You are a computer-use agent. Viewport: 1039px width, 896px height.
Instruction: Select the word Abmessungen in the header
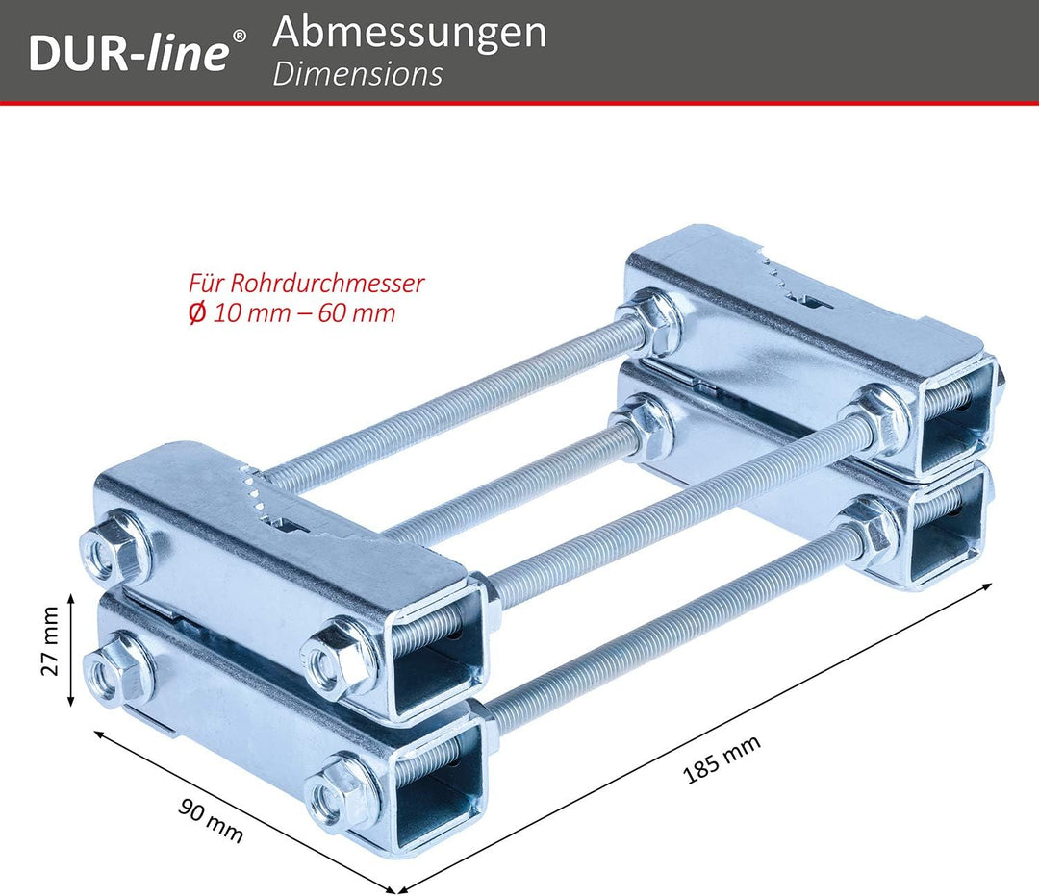click(x=410, y=33)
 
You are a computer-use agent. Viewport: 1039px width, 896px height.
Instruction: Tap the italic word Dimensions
click(x=357, y=75)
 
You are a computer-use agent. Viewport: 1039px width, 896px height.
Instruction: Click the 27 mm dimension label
click(x=50, y=641)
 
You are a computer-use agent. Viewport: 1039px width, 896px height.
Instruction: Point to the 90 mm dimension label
click(x=211, y=820)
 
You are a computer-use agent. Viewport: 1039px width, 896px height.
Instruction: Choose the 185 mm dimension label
click(x=722, y=759)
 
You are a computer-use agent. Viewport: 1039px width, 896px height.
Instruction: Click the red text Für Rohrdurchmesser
click(x=306, y=284)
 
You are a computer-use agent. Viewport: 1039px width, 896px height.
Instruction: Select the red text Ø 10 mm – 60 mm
click(x=291, y=312)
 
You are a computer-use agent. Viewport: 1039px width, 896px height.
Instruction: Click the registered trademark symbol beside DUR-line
click(x=240, y=35)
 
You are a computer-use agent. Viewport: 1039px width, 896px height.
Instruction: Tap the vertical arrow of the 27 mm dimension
click(x=71, y=650)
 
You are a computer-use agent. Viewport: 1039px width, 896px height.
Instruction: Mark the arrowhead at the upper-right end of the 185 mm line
click(x=987, y=585)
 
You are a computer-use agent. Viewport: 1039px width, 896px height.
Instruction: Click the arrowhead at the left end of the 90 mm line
click(x=99, y=734)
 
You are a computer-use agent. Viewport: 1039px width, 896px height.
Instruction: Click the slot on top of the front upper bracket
click(x=291, y=527)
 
